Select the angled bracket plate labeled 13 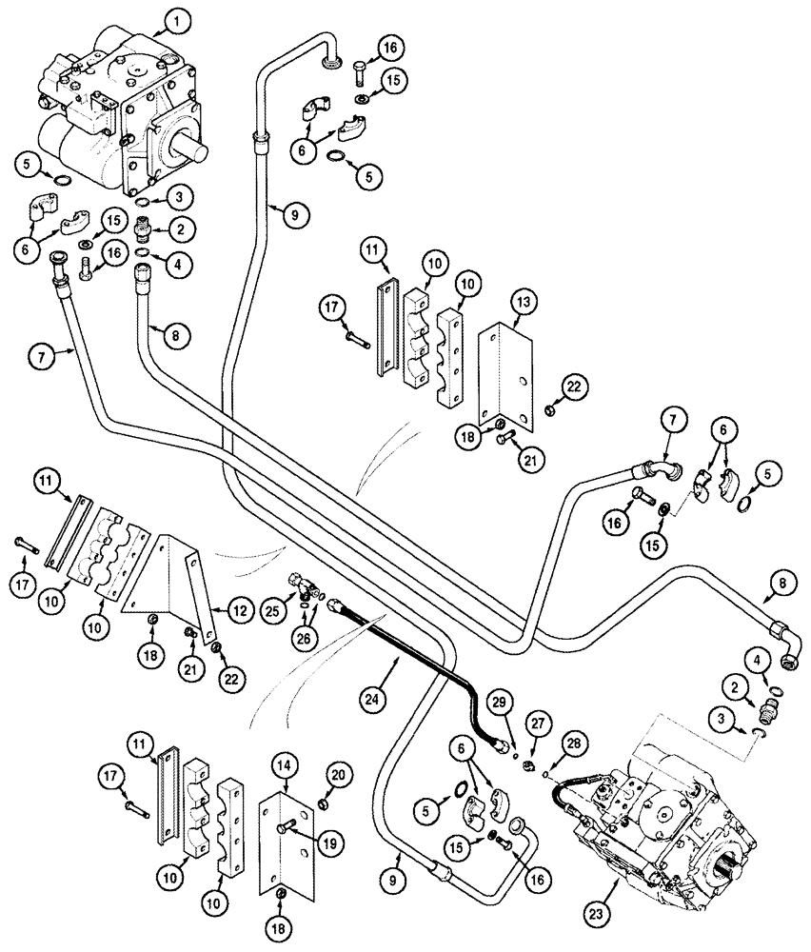click(x=497, y=371)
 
